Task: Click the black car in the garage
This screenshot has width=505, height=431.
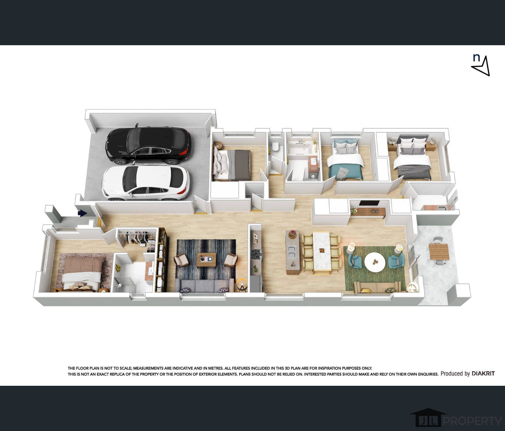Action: coord(148,145)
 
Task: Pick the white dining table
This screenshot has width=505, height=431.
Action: coord(322,251)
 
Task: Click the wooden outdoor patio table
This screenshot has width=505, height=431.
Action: coord(439,252)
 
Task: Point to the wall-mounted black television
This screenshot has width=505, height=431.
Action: coord(369,203)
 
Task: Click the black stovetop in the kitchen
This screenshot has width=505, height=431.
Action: coord(256,254)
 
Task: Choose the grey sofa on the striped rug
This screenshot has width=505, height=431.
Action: coord(204,285)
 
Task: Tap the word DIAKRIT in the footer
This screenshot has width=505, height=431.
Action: coord(483,374)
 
